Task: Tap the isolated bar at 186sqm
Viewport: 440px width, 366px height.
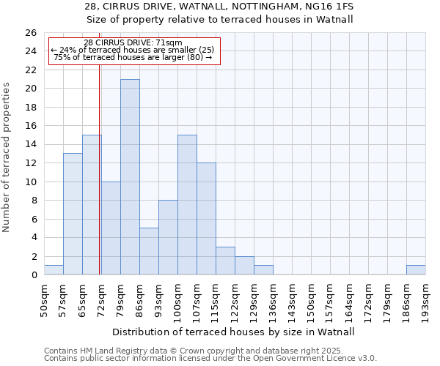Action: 416,270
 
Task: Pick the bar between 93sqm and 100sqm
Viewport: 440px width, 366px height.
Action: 168,237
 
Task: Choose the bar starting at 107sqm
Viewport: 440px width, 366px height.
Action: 206,219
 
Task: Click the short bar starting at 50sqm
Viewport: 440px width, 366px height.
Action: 54,270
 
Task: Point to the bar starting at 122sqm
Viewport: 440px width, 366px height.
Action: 244,266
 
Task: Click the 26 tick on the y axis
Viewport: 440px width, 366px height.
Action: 31,33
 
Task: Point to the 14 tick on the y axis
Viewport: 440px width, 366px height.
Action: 31,144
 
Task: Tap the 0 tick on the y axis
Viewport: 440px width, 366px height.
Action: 34,274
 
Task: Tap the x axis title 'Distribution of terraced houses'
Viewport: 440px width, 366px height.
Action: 235,332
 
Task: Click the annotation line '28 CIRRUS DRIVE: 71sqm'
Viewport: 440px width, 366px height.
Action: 133,43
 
